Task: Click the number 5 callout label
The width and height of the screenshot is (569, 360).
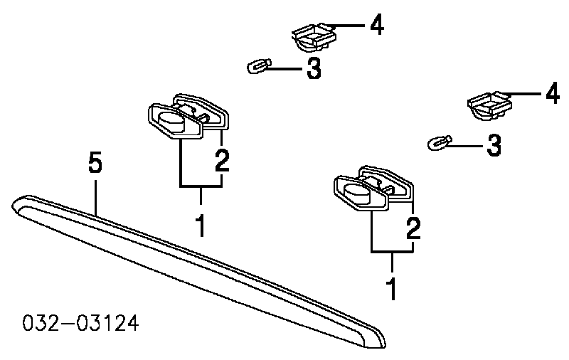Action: coord(95,164)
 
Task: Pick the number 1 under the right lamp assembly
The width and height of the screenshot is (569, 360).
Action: coord(391,289)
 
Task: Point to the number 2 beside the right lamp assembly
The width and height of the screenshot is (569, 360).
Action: coord(413,229)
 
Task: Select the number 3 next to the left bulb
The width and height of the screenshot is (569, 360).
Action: coord(314,69)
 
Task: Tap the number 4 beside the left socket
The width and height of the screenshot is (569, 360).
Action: coord(376,26)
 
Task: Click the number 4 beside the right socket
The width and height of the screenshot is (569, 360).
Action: coord(551,93)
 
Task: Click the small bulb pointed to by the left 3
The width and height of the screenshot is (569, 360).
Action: coord(257,68)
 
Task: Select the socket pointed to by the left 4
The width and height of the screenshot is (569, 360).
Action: coord(313,37)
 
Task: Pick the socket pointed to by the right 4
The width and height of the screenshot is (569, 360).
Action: coord(489,105)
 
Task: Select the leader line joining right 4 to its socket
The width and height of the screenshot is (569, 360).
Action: coord(523,93)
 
